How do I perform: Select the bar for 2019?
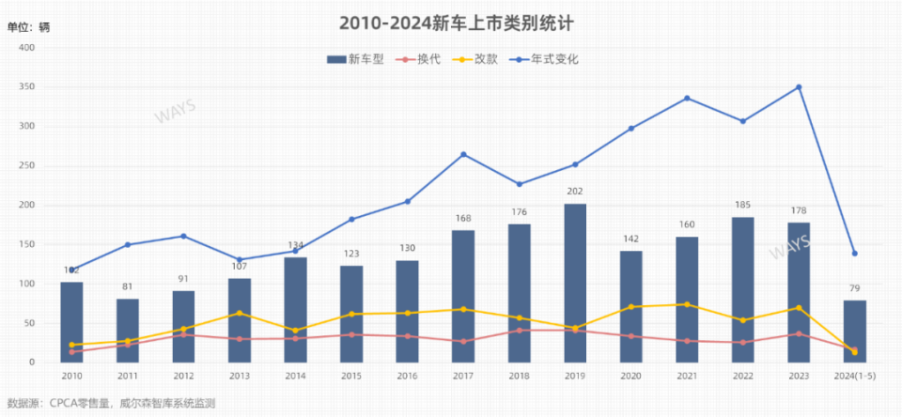click(575, 283)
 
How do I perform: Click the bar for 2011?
click(128, 330)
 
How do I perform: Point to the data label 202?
click(575, 192)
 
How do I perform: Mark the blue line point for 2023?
click(799, 87)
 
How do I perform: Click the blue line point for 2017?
click(463, 154)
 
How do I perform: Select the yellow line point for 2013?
click(240, 313)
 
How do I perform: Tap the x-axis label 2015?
click(351, 376)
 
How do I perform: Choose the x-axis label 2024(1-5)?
click(854, 376)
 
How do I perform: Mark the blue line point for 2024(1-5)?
click(854, 253)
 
